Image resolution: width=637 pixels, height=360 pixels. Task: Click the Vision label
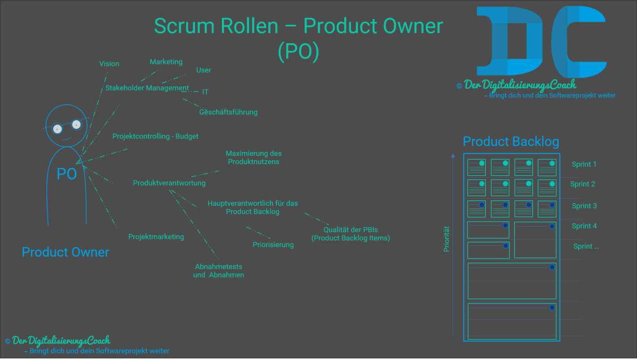coord(109,64)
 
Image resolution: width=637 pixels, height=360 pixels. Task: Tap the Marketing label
coord(166,62)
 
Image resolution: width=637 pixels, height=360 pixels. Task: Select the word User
coord(204,70)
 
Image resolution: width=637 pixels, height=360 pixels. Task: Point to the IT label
coord(205,92)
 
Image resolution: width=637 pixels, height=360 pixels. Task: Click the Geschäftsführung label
coord(229,112)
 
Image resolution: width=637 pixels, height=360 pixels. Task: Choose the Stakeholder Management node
coord(147,88)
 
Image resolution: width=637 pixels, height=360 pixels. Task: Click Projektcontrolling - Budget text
coord(155,136)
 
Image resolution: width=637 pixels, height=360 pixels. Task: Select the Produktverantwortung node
coord(169,183)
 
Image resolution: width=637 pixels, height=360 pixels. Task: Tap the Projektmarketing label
coord(156,237)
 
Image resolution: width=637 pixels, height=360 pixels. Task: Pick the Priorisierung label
coord(273,245)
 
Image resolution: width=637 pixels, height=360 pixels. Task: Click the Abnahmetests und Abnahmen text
coord(219,271)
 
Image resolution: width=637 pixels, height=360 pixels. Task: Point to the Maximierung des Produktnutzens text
coord(254,157)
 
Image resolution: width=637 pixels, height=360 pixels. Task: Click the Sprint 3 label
coord(584,206)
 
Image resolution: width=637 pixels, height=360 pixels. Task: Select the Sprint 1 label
coord(584,164)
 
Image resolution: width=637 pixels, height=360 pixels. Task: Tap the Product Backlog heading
coord(511,142)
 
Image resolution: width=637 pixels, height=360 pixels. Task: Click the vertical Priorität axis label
coord(446,238)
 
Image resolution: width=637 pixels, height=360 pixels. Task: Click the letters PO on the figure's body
coord(66,174)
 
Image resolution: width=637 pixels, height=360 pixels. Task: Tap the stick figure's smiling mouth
coord(66,138)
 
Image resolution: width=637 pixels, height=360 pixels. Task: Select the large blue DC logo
coord(541,41)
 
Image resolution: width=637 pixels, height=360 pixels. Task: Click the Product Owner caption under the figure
coord(66,252)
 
